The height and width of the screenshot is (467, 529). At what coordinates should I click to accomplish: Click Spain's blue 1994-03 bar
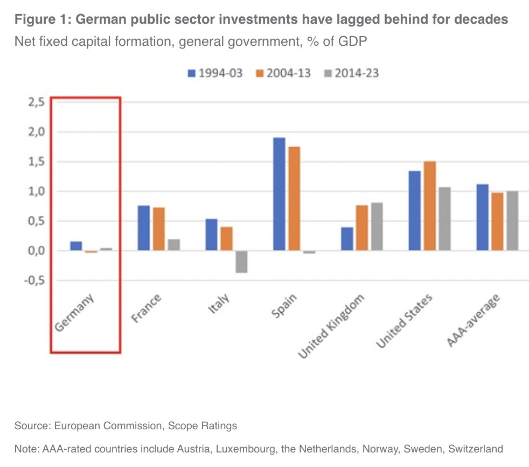point(279,194)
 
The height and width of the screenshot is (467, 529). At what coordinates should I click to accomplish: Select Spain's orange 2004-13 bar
point(294,198)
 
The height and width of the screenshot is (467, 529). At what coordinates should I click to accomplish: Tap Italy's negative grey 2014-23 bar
point(241,262)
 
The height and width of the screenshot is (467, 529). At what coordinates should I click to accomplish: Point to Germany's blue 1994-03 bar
point(76,246)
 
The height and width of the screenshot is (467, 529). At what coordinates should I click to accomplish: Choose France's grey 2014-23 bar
point(173,245)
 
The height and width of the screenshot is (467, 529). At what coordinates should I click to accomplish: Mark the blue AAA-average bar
point(482,217)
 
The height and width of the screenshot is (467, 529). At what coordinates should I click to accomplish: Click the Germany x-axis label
point(75,312)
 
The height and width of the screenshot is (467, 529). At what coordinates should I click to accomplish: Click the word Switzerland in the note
point(476,449)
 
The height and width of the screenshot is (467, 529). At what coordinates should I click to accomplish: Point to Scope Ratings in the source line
point(203,426)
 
